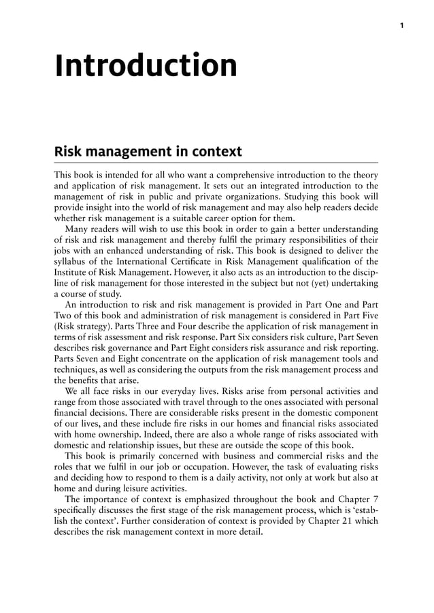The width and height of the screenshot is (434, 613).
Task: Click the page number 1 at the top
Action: (x=402, y=25)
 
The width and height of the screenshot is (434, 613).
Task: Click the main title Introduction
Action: (x=146, y=66)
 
